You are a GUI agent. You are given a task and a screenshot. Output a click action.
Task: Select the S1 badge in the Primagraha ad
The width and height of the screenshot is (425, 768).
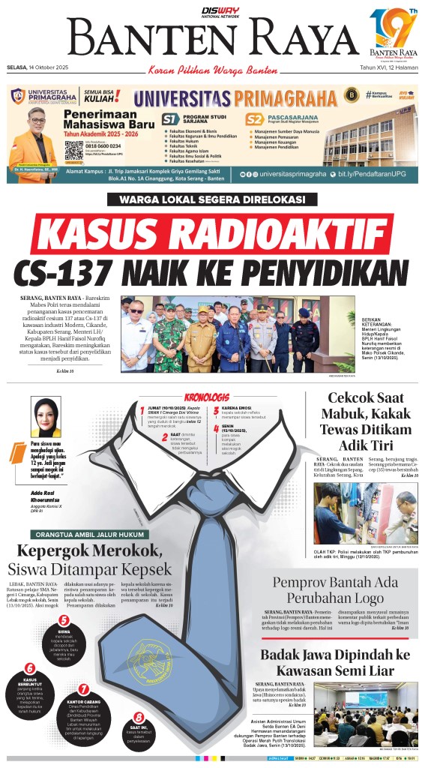click(x=170, y=119)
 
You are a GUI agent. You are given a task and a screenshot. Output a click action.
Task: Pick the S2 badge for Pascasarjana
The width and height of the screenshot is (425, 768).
click(x=255, y=119)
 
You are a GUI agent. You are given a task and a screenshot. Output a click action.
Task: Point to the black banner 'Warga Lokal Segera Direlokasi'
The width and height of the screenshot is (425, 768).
click(x=206, y=199)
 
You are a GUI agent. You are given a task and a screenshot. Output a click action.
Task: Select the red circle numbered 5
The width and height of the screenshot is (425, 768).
click(x=64, y=619)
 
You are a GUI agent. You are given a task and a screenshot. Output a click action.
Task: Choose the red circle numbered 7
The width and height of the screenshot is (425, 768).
click(x=83, y=688)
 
